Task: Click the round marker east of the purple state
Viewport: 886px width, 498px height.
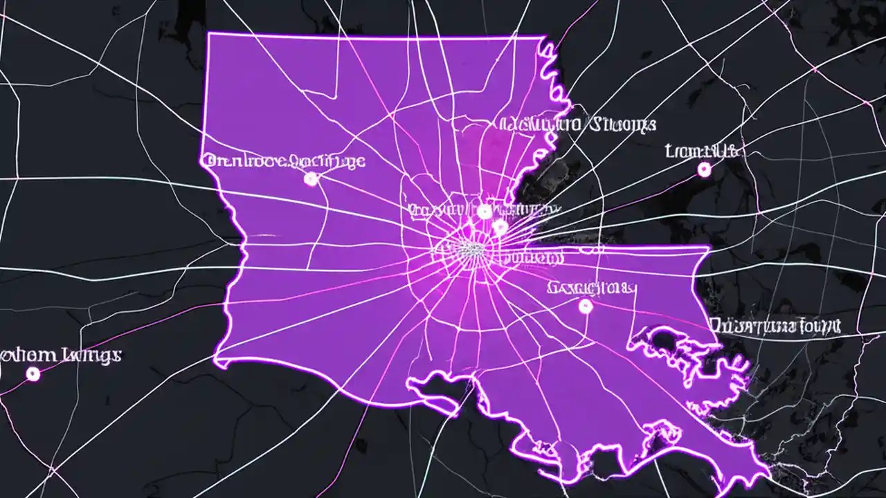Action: [705, 169]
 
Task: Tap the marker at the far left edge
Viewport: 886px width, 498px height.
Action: [32, 374]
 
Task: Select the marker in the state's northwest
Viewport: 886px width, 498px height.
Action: [311, 179]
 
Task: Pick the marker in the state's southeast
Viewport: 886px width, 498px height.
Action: [586, 306]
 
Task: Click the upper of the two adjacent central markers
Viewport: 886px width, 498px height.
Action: [485, 212]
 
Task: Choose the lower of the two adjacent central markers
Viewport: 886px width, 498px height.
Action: [500, 226]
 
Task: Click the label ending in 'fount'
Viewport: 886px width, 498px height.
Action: [775, 324]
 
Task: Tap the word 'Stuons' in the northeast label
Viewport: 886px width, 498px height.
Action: [621, 125]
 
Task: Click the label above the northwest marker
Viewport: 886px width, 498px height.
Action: [283, 162]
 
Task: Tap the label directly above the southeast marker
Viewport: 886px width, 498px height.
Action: [591, 287]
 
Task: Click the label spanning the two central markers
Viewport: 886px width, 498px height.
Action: [485, 209]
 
